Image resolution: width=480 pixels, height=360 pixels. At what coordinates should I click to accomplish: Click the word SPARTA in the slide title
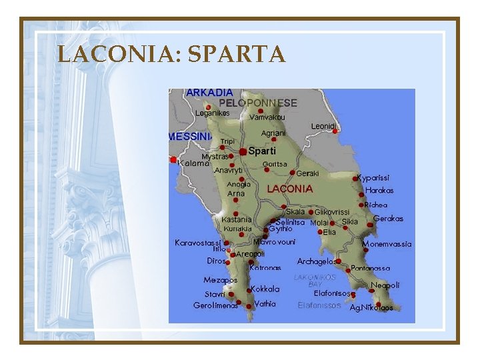237,54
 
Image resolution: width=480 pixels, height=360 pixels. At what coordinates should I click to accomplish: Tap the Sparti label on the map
262,151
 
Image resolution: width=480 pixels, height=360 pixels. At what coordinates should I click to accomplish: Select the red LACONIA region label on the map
290,189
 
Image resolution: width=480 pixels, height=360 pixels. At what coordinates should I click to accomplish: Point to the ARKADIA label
210,92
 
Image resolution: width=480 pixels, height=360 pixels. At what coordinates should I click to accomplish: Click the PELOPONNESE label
258,103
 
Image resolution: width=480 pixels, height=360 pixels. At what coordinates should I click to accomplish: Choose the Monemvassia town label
387,244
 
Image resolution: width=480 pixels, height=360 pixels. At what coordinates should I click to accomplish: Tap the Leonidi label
323,126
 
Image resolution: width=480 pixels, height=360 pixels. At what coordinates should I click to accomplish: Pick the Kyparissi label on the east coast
373,178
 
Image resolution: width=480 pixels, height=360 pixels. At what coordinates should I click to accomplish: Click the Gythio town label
281,229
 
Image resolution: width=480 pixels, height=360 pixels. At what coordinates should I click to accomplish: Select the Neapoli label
385,285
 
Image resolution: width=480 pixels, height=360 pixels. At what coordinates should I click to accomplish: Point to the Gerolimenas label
215,305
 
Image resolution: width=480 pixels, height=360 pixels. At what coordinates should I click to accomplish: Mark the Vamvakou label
267,117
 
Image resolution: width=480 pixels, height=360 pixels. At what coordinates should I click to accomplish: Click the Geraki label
307,173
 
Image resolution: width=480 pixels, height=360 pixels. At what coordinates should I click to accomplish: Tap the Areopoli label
251,254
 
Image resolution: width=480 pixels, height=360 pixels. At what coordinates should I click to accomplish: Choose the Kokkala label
265,289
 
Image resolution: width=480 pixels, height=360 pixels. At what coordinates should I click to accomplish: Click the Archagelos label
316,261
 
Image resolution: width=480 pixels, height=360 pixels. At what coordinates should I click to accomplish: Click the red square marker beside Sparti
243,152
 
